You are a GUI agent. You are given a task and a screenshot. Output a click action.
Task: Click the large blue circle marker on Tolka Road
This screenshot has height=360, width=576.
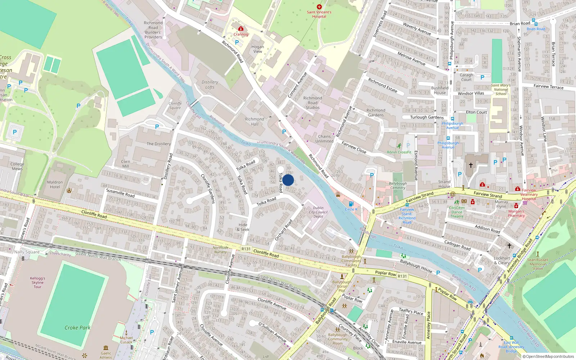pos(288,180)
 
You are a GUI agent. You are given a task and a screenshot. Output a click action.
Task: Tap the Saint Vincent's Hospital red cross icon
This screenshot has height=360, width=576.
pos(319,7)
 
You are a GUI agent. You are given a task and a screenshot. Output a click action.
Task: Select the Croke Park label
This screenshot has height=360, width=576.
pos(77,328)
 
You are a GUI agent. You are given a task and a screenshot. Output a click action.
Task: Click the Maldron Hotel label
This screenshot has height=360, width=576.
pos(55,185)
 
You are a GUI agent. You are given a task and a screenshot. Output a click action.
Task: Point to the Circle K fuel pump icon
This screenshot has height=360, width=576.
pos(351,204)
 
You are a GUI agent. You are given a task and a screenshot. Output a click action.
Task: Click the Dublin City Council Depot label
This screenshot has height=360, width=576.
pos(318,212)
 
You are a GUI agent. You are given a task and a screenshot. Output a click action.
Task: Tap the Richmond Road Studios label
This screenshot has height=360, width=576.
pos(312,103)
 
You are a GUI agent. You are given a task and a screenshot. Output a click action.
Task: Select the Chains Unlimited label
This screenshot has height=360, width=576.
pos(324,139)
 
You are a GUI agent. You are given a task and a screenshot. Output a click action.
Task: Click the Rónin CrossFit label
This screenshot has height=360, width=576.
pos(399,152)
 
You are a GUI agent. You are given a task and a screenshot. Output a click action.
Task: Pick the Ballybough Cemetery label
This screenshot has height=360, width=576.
pos(397,185)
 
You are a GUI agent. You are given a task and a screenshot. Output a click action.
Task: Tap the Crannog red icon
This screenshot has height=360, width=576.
pos(241,28)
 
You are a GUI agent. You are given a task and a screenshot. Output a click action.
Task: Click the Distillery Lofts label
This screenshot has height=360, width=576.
pos(210,85)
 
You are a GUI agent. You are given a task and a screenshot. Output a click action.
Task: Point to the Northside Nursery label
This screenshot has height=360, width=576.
pos(220,249)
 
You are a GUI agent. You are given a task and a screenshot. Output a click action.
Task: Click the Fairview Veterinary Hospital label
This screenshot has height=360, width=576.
pos(529,194)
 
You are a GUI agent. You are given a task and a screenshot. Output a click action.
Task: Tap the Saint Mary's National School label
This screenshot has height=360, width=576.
pos(501,90)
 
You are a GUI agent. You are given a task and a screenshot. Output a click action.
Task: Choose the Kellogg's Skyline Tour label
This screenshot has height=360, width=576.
pos(37,282)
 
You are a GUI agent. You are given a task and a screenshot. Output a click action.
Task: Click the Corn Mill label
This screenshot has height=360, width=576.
pos(126,164)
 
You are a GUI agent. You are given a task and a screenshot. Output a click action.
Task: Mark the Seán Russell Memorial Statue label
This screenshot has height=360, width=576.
pos(537,264)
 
